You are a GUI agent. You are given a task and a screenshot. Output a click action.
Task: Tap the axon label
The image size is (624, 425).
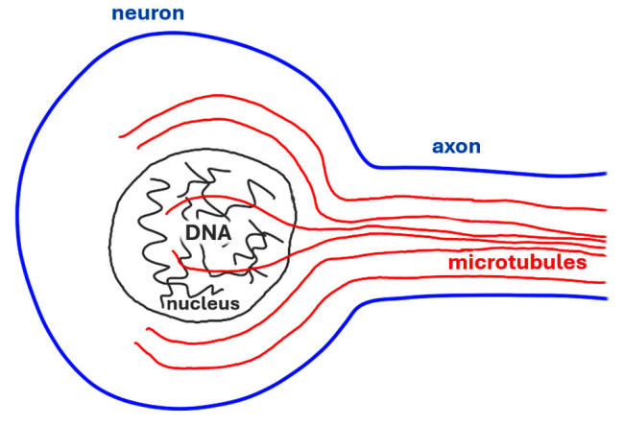pos(456,147)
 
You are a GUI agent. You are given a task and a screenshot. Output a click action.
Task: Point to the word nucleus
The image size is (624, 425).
pos(203,305)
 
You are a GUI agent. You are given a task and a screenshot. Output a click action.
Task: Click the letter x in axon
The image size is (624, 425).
pos(449,147)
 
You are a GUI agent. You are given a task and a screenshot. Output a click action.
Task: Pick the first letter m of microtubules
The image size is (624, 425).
pos(455,262)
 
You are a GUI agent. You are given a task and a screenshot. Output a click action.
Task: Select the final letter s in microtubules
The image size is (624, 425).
pos(608,262)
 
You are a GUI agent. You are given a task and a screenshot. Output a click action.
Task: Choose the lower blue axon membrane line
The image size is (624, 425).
pos(480,295)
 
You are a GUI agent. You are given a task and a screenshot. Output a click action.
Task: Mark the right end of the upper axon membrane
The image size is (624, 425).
pos(606,174)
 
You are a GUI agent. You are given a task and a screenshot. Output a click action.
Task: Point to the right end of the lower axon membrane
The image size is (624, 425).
pos(606,298)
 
